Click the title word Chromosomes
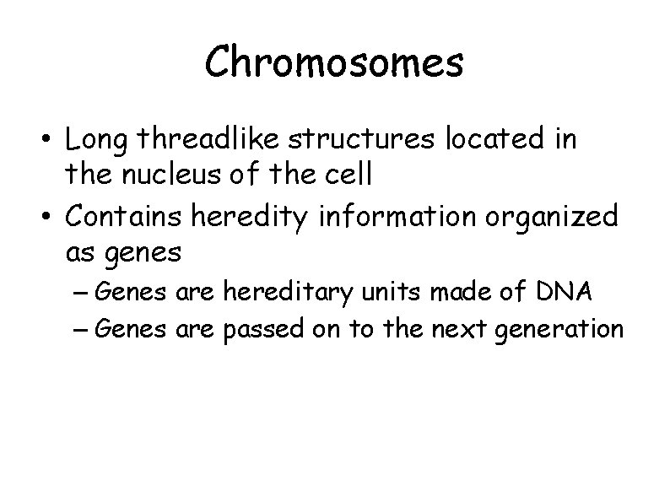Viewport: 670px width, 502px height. click(x=334, y=62)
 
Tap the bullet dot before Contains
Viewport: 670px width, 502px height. click(x=52, y=218)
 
